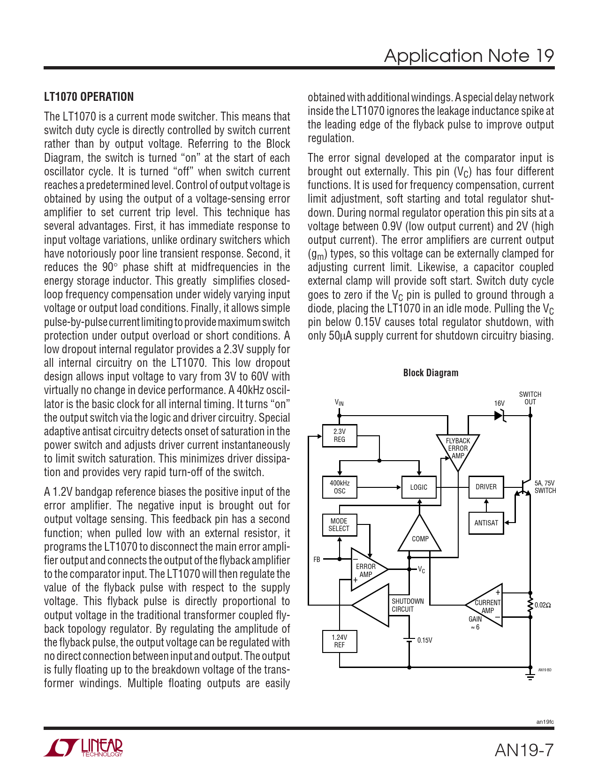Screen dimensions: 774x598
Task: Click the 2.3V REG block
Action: [x=340, y=436]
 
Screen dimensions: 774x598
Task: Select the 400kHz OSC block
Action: [x=340, y=487]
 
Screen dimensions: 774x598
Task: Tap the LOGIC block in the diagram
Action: [x=419, y=487]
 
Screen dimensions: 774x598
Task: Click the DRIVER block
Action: [x=486, y=487]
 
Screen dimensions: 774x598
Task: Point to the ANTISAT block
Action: [x=486, y=523]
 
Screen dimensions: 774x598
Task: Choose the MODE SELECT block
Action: [x=339, y=525]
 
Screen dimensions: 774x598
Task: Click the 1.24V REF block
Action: [x=340, y=641]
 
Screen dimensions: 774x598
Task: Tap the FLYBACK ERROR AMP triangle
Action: [x=458, y=448]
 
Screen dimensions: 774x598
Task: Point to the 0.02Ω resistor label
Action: [x=543, y=605]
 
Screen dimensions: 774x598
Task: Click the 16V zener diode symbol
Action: [x=500, y=416]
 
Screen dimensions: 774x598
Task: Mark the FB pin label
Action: [x=317, y=560]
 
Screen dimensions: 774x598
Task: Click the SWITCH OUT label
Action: [x=530, y=398]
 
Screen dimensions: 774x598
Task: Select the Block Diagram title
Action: [x=431, y=373]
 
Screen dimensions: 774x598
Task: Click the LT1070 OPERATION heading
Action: [x=89, y=97]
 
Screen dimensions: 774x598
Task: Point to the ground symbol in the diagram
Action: [x=530, y=676]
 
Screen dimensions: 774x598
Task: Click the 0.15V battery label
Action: [x=424, y=640]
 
